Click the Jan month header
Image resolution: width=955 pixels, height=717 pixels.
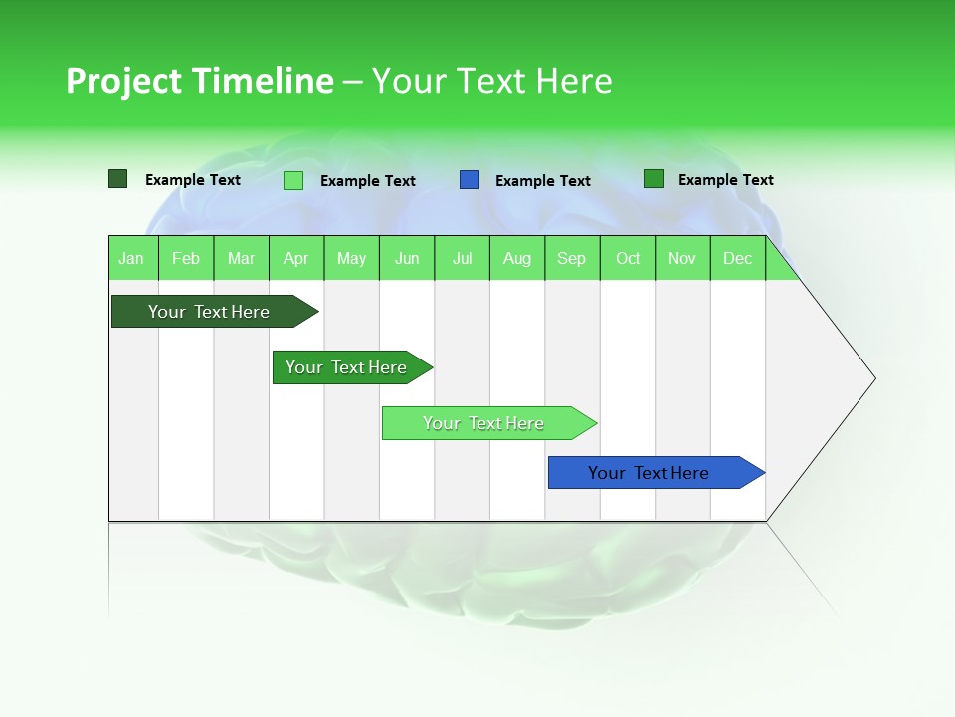point(131,258)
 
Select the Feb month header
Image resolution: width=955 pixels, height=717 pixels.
point(186,258)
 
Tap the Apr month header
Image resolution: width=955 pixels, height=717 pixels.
point(295,258)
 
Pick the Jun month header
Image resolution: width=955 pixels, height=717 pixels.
point(407,258)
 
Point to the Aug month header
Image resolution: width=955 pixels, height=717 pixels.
point(516,258)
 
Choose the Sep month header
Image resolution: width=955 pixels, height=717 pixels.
point(571,258)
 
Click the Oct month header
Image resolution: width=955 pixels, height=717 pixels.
point(628,258)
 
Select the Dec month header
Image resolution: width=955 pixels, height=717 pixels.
point(737,258)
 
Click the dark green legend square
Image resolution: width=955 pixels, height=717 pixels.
point(118,179)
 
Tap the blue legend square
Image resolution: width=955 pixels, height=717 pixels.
point(470,180)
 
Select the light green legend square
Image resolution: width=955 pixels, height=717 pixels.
point(293,180)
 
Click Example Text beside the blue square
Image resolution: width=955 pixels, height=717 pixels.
point(542,181)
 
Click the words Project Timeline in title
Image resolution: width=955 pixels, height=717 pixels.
point(199,81)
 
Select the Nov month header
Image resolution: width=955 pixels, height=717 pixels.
point(681,258)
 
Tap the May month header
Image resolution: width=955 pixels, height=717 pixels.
point(351,258)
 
